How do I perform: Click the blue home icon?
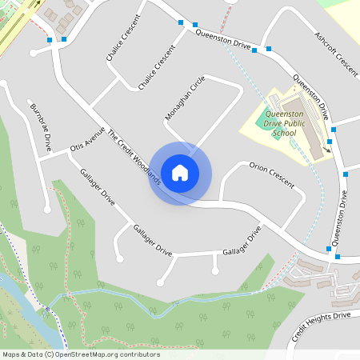pyautogui.click(x=180, y=172)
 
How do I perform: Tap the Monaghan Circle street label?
pyautogui.click(x=185, y=98)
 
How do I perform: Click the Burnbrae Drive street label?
pyautogui.click(x=39, y=127)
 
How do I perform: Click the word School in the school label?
pyautogui.click(x=283, y=134)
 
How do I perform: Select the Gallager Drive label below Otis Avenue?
pyautogui.click(x=97, y=186)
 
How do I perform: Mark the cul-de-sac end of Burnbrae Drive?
pyautogui.click(x=47, y=210)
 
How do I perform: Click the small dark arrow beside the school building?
pyautogui.click(x=327, y=149)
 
